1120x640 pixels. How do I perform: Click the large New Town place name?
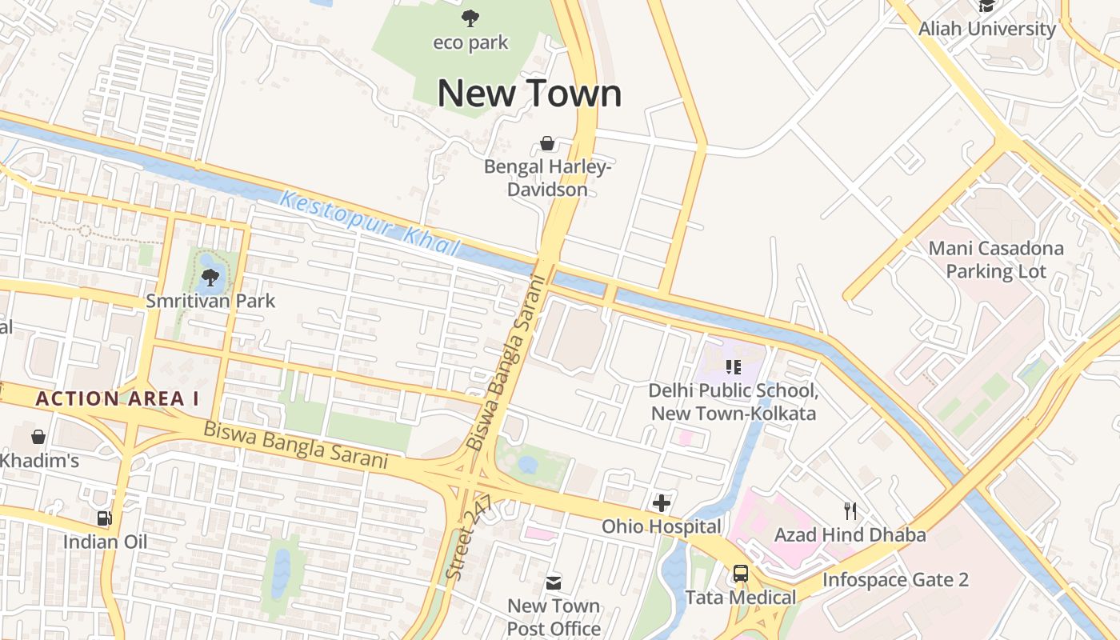[529, 94]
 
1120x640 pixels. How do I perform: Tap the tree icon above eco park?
[470, 18]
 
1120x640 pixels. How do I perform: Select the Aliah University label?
[986, 29]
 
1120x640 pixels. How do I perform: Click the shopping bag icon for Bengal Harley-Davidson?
[547, 143]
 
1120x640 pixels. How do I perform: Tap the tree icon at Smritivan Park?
[210, 278]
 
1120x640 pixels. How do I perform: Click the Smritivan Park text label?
[210, 301]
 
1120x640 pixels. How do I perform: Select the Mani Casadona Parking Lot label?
[996, 259]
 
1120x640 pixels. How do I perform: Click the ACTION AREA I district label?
[117, 398]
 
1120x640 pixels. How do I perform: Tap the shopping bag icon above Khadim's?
[38, 437]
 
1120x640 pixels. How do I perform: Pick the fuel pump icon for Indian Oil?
[104, 518]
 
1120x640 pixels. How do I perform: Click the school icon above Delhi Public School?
[733, 367]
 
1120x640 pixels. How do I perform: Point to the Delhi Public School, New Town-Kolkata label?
[733, 402]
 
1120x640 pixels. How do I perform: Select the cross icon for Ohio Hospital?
[661, 503]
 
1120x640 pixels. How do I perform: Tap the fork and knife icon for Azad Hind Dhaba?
[850, 510]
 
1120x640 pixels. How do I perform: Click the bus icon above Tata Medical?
[740, 574]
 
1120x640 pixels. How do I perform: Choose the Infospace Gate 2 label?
[895, 579]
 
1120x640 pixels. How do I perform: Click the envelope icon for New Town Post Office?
[554, 582]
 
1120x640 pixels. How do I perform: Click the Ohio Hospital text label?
[661, 526]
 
